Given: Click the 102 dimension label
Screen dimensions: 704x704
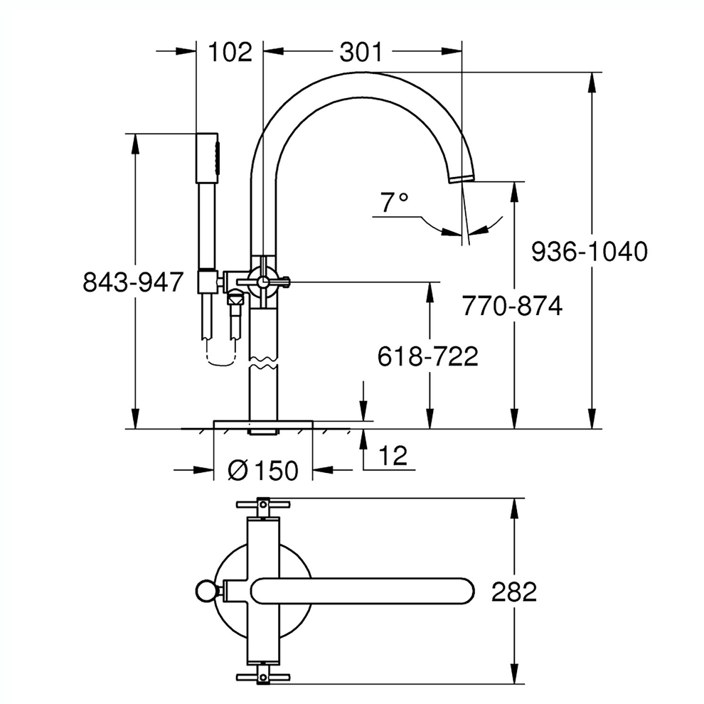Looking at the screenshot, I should [x=230, y=52].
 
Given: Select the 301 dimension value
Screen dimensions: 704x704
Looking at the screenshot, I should [x=361, y=52].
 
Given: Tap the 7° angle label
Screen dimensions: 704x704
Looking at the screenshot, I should [x=393, y=204].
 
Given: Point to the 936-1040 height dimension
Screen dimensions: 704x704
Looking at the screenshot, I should [x=590, y=251].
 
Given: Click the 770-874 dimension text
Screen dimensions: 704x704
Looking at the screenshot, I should [x=511, y=306].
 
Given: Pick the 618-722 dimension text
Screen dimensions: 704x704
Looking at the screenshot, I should [x=427, y=356].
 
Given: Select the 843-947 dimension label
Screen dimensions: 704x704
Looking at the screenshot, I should [x=134, y=282].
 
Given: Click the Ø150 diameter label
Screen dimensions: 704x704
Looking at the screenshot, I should [x=263, y=470].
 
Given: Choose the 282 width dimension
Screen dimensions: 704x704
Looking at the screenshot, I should [x=513, y=592].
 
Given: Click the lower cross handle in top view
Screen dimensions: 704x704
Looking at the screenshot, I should [x=262, y=676].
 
